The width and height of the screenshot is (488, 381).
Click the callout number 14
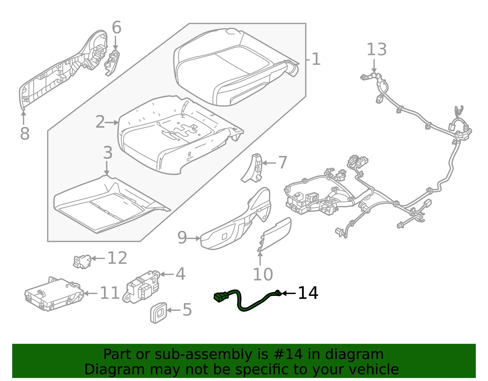tap(308, 293)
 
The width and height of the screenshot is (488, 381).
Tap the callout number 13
tap(376, 49)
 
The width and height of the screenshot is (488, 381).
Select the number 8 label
tap(25, 133)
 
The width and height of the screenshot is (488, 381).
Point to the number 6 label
tap(117, 27)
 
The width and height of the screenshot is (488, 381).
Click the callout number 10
tap(263, 274)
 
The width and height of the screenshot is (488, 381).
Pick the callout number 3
tap(108, 153)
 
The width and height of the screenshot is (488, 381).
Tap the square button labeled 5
tap(159, 313)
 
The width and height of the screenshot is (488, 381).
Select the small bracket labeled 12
tap(82, 261)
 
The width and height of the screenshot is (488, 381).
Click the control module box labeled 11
tap(54, 294)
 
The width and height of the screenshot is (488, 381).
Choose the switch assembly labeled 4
tap(141, 287)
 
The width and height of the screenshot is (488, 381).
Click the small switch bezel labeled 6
tap(112, 63)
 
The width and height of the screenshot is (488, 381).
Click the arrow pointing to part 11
tap(91, 293)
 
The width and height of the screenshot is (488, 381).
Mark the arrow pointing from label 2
tap(112, 123)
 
